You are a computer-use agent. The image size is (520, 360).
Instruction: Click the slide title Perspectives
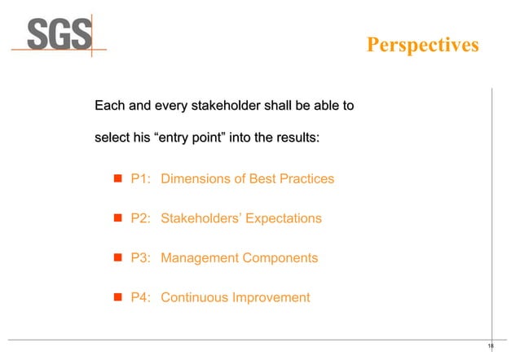(x=422, y=45)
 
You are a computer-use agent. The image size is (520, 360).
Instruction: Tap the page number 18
(x=491, y=346)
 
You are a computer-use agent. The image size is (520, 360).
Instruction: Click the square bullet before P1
(x=117, y=178)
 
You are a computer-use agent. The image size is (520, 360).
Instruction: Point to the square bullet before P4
(x=117, y=297)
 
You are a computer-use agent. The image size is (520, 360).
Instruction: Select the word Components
(x=277, y=258)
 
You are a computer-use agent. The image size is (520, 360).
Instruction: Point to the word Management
(x=199, y=258)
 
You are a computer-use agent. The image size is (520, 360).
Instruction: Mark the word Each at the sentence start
(x=109, y=106)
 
